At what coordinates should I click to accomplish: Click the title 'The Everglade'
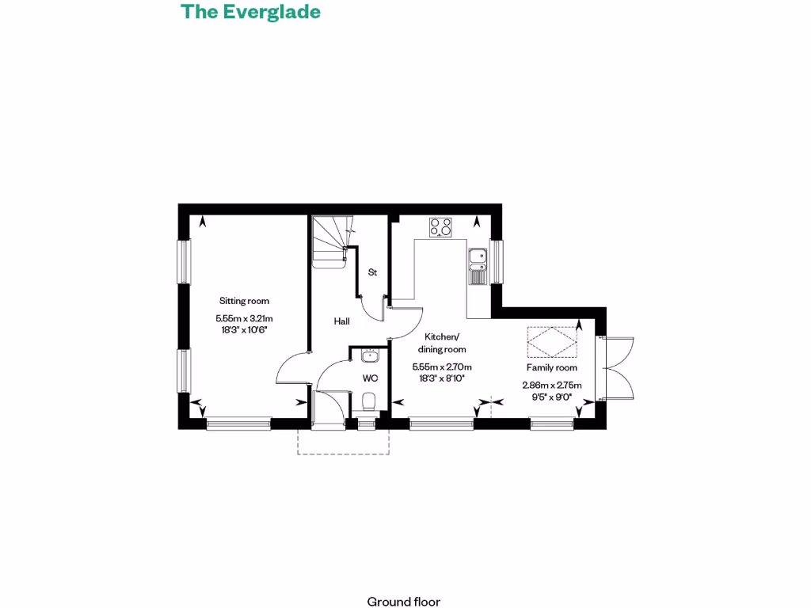pos(250,12)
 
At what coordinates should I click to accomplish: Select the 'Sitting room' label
pos(244,301)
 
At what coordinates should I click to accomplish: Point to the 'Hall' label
pos(341,321)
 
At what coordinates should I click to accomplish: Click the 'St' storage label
pos(372,272)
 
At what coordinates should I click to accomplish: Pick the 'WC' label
pos(370,378)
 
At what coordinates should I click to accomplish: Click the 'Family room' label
pos(552,367)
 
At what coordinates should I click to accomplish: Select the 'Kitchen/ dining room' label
pos(442,343)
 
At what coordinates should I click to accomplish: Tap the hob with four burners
pos(440,227)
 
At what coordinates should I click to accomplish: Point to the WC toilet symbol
pos(367,405)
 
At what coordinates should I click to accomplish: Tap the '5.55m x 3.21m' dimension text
pos(244,318)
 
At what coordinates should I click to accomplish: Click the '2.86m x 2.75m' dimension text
pos(551,386)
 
